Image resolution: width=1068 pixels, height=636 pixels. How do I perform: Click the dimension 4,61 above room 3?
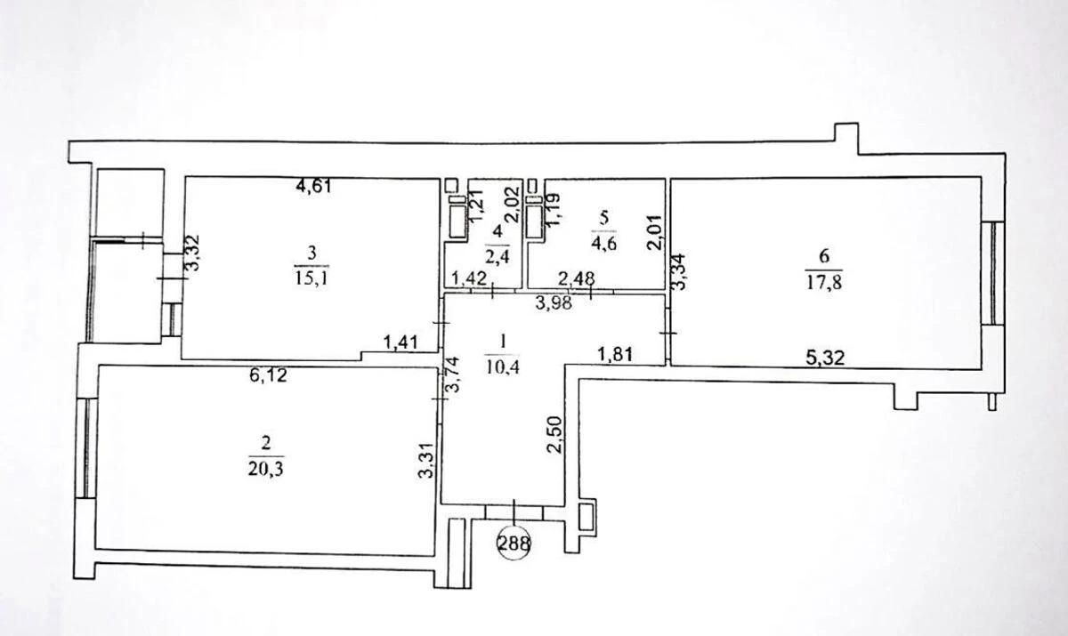314,186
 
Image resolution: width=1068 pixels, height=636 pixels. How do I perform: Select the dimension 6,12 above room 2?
268,376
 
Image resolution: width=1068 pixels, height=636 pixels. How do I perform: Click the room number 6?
824,256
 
